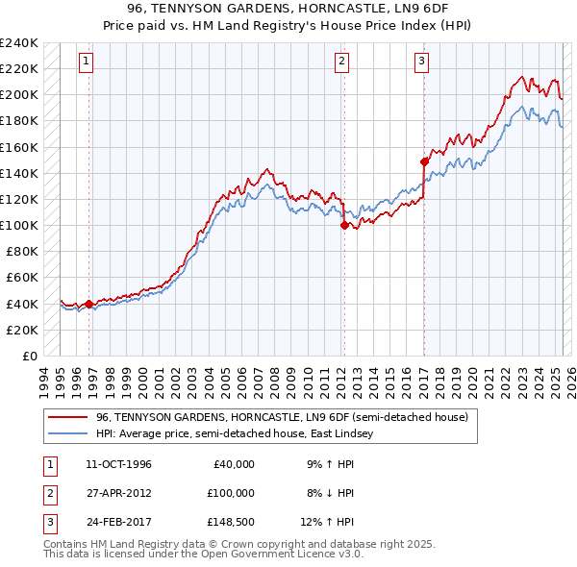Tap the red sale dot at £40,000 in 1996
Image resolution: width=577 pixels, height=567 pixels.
coord(89,304)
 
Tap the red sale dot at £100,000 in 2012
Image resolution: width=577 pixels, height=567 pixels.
coord(343,226)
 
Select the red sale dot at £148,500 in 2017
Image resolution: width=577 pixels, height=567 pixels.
coord(424,162)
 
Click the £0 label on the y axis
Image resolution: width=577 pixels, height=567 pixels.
coord(28,356)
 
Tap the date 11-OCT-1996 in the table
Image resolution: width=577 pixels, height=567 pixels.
coord(118,464)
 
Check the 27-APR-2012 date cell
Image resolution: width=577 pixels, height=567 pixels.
coord(118,493)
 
